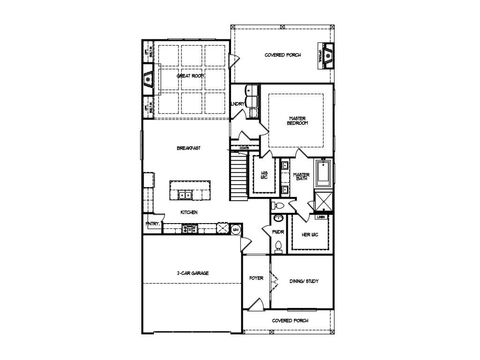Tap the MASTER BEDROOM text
pyautogui.click(x=298, y=120)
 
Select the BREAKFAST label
pyautogui.click(x=188, y=148)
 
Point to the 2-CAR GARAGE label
pyautogui.click(x=193, y=273)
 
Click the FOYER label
pyautogui.click(x=256, y=278)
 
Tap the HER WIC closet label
pyautogui.click(x=310, y=234)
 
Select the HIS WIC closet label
pyautogui.click(x=264, y=175)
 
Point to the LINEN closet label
pyautogui.click(x=321, y=217)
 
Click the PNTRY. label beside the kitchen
pyautogui.click(x=153, y=224)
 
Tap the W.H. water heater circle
pyautogui.click(x=236, y=229)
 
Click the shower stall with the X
pyautogui.click(x=324, y=202)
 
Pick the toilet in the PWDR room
pyautogui.click(x=278, y=247)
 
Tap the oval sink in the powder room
pyautogui.click(x=278, y=218)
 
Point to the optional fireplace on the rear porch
pyautogui.click(x=328, y=55)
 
